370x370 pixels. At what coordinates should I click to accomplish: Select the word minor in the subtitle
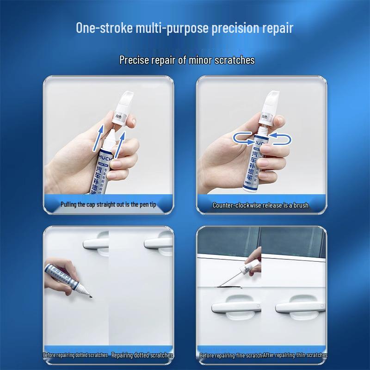pos(191,60)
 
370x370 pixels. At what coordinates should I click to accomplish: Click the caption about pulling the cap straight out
pos(109,204)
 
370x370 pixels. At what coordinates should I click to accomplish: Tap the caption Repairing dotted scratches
pos(142,355)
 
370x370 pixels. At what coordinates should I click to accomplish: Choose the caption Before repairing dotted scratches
pos(75,355)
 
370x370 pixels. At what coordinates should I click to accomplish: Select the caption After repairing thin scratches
pos(295,355)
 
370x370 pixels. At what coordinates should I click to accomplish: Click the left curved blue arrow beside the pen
pos(242,136)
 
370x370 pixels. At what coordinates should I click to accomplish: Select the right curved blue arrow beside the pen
pos(280,136)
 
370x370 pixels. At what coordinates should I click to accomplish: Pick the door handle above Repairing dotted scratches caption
pos(158,243)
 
